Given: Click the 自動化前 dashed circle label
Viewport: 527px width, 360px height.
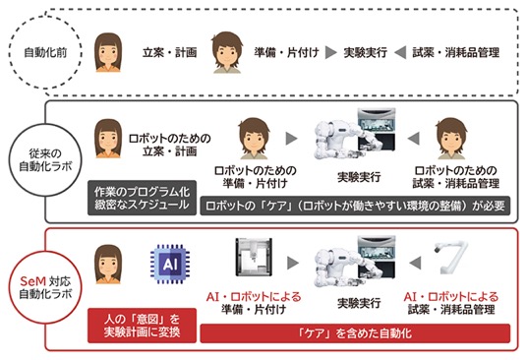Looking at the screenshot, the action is pos(45,53).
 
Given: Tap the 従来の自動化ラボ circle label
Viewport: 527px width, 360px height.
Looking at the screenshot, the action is pos(45,160).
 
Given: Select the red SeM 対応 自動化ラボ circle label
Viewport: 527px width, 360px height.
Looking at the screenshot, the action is pos(45,287).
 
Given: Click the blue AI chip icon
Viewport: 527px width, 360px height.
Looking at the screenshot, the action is pos(170,265).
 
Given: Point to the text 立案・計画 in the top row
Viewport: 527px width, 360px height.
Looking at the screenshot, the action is pos(169,53).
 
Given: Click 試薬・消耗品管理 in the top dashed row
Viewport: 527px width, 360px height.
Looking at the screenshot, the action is pos(456,53).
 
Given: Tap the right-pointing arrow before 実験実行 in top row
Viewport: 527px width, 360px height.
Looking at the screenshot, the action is pos(331,53).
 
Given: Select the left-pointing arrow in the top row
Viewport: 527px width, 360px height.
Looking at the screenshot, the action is pos(400,53).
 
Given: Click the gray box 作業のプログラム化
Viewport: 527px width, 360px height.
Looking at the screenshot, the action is pos(142,198).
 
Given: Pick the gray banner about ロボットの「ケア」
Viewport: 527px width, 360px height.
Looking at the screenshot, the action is pos(355,206).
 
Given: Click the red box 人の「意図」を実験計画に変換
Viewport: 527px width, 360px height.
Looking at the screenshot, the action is pos(142,326).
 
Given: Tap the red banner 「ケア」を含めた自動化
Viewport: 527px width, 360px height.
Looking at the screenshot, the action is pos(355,333).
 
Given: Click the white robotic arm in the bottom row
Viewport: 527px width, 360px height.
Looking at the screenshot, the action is pos(450,257).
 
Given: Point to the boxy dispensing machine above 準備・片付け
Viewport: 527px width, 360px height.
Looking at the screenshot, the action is pos(254,257).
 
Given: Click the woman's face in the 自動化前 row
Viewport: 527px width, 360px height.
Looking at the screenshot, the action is pos(108,52).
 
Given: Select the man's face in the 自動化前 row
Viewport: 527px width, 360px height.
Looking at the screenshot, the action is pos(227,52).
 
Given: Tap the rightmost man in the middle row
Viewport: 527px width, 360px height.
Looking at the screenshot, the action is pos(451,139).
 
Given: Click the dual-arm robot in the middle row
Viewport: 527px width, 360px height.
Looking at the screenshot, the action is pos(355,135).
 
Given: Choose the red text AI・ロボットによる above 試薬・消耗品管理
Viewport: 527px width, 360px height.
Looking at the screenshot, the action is pos(451,297).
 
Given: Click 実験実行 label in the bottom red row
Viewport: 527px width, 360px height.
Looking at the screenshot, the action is pos(359,303).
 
